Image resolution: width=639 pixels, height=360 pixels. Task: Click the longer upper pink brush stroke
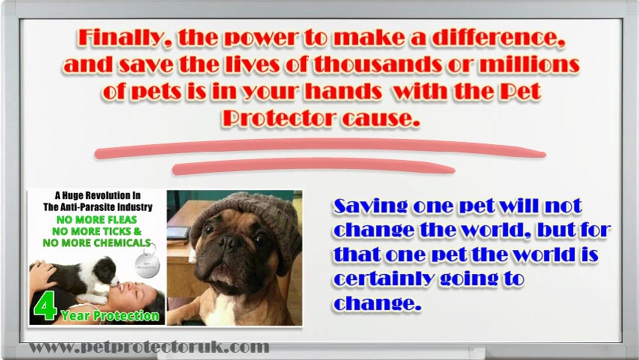[x=320, y=148]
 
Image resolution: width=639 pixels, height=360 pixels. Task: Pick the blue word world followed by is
[x=539, y=254]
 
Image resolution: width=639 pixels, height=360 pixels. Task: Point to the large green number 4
[x=44, y=304]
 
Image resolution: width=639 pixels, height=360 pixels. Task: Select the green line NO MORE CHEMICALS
[x=96, y=242]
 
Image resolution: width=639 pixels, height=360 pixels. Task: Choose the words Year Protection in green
[x=110, y=315]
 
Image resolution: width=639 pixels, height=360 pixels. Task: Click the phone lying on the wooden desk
[x=178, y=233]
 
